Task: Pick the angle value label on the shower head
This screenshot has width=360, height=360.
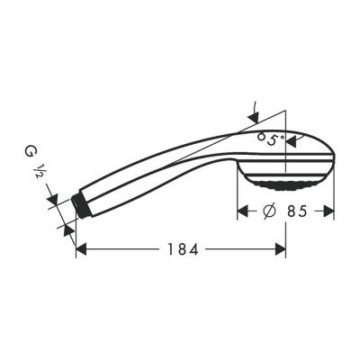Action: pyautogui.click(x=270, y=139)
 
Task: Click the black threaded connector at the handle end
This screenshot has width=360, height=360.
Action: pyautogui.click(x=83, y=204)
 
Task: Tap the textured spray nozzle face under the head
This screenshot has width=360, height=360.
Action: pyautogui.click(x=285, y=184)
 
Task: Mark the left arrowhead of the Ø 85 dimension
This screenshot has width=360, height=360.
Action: pyautogui.click(x=242, y=212)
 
